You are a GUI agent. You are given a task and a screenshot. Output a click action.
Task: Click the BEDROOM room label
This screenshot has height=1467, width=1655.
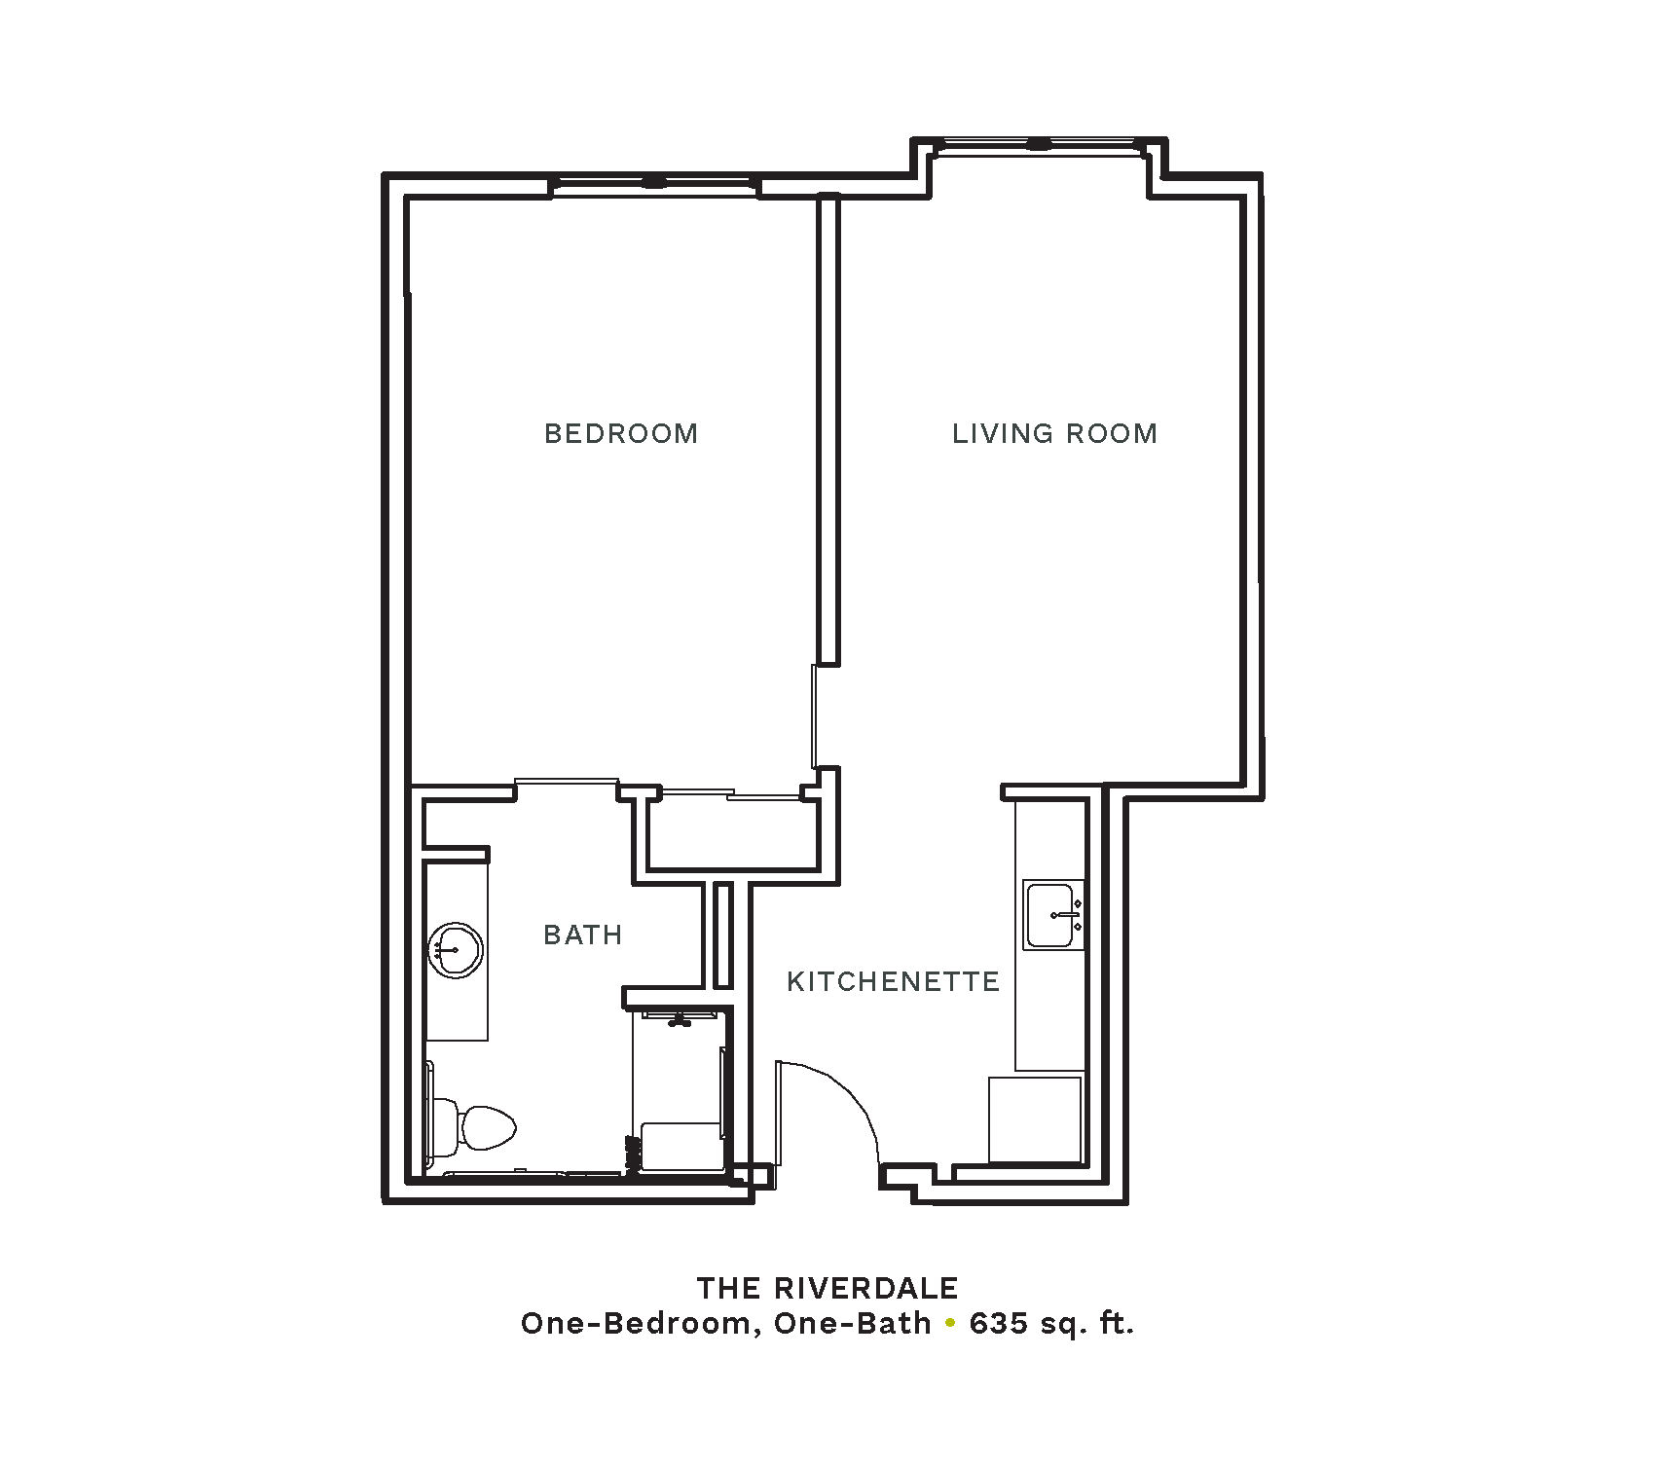(x=621, y=433)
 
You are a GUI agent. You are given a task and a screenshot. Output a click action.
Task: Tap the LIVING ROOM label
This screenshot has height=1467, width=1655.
(x=1055, y=433)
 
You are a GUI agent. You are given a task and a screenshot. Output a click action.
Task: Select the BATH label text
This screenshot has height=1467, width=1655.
(x=583, y=935)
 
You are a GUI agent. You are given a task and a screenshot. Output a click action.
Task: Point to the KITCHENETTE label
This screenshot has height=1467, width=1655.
(x=894, y=981)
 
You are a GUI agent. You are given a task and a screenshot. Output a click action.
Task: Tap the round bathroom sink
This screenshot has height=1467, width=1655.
(x=455, y=949)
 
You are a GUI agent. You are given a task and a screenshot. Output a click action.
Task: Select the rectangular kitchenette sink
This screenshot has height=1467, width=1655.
(x=1053, y=915)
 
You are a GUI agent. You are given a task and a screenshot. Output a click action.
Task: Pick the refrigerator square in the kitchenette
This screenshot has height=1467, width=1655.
(x=1035, y=1119)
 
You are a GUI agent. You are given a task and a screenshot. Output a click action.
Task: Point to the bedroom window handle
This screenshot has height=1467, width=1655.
(x=653, y=182)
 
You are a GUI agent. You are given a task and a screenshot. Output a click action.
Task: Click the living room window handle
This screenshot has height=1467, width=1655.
(x=1039, y=145)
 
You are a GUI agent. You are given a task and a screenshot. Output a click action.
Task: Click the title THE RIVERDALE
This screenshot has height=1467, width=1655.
(x=827, y=1288)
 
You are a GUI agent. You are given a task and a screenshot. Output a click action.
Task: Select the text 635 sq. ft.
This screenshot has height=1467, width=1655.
(x=1051, y=1325)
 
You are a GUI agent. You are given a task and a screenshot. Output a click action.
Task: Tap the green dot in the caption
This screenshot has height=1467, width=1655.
(x=950, y=1325)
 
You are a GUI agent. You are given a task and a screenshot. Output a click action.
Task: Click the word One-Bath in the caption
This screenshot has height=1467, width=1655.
(x=852, y=1325)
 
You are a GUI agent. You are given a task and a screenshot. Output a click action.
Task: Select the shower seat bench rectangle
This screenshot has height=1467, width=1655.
(x=680, y=1147)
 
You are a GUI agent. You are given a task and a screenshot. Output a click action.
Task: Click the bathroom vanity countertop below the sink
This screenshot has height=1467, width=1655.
(x=456, y=1009)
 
